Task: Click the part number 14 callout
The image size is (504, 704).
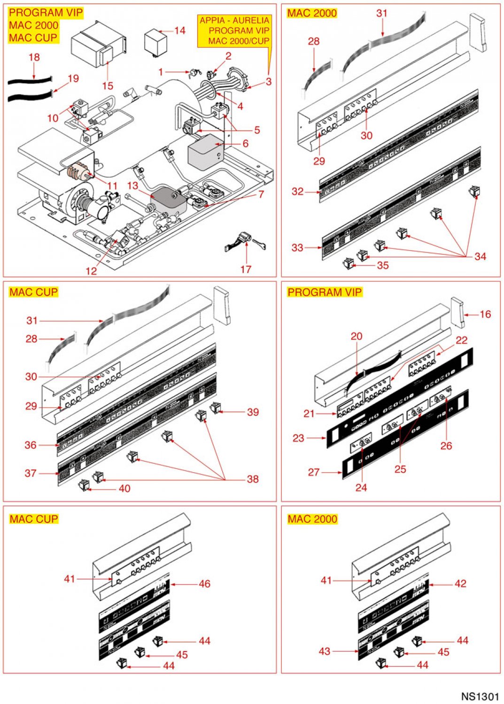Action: [x=180, y=31]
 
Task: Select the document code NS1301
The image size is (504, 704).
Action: [x=480, y=696]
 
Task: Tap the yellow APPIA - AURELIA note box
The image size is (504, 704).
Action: [x=234, y=31]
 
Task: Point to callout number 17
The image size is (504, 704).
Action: [x=246, y=269]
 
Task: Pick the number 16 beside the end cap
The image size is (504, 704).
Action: [x=485, y=314]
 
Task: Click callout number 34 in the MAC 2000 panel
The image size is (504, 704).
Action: [x=480, y=256]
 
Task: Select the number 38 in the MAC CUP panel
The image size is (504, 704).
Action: [x=253, y=479]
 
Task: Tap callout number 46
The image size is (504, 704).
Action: [x=204, y=584]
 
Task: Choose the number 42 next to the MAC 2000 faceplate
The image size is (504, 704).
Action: [x=460, y=583]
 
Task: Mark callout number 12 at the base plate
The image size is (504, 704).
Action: [x=91, y=271]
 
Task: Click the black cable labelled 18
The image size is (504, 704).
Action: [x=28, y=81]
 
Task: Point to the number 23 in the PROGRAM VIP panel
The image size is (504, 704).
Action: [x=298, y=438]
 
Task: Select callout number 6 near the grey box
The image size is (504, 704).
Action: [x=245, y=144]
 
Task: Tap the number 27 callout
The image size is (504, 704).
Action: [x=314, y=472]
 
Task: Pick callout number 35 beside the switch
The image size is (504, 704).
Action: [x=383, y=265]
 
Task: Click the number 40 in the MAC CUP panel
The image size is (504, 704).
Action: [x=124, y=489]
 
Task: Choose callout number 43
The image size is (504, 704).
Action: [x=325, y=651]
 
